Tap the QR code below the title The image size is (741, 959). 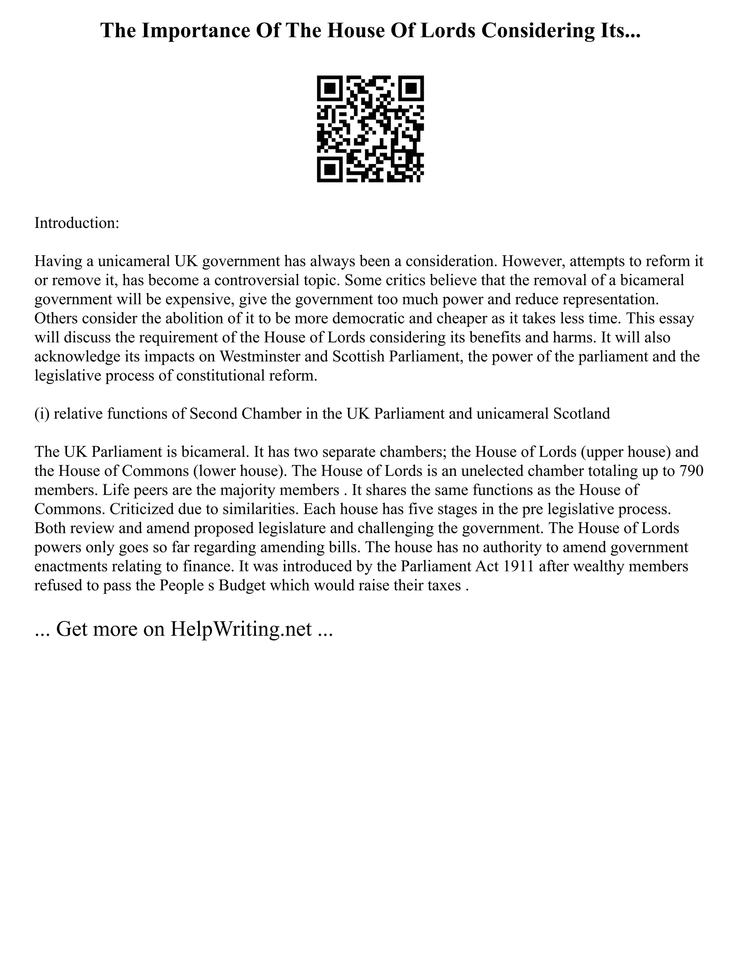click(x=370, y=129)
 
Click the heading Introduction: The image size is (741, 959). click(x=77, y=223)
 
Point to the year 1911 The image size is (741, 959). click(x=518, y=566)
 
